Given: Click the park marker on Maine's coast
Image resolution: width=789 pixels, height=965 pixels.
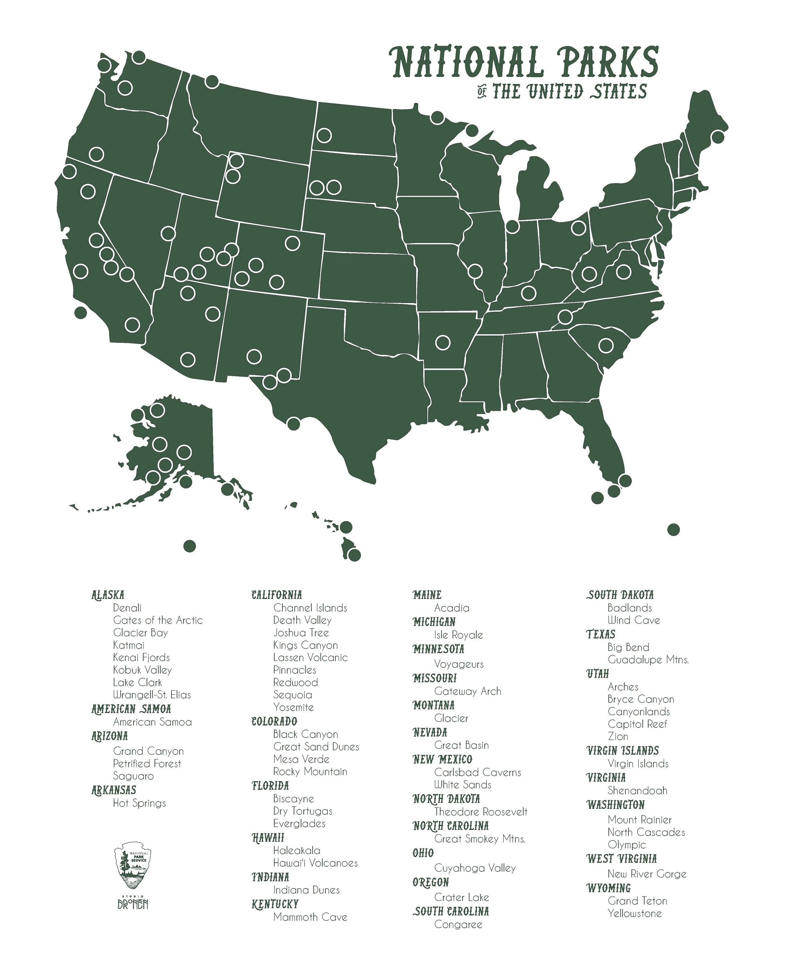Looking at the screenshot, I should (718, 136).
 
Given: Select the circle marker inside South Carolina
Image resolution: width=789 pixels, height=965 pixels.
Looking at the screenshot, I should (606, 345).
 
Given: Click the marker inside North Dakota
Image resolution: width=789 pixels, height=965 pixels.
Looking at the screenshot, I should (324, 135).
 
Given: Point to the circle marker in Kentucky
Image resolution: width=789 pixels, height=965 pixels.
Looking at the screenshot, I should (528, 292).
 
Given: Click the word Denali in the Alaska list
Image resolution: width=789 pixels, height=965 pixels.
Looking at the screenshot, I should (127, 608).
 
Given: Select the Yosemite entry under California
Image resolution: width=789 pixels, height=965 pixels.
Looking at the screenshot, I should (293, 707).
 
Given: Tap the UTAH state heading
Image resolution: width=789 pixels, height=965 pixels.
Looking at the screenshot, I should (597, 673).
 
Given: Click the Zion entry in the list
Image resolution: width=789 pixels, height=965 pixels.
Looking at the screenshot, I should (618, 736).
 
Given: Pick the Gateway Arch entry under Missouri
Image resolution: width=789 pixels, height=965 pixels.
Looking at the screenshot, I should (468, 691).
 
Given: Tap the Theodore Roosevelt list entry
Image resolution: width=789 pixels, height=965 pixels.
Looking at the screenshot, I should (480, 812).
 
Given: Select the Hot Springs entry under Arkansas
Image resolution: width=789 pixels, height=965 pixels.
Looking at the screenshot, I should (139, 803).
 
